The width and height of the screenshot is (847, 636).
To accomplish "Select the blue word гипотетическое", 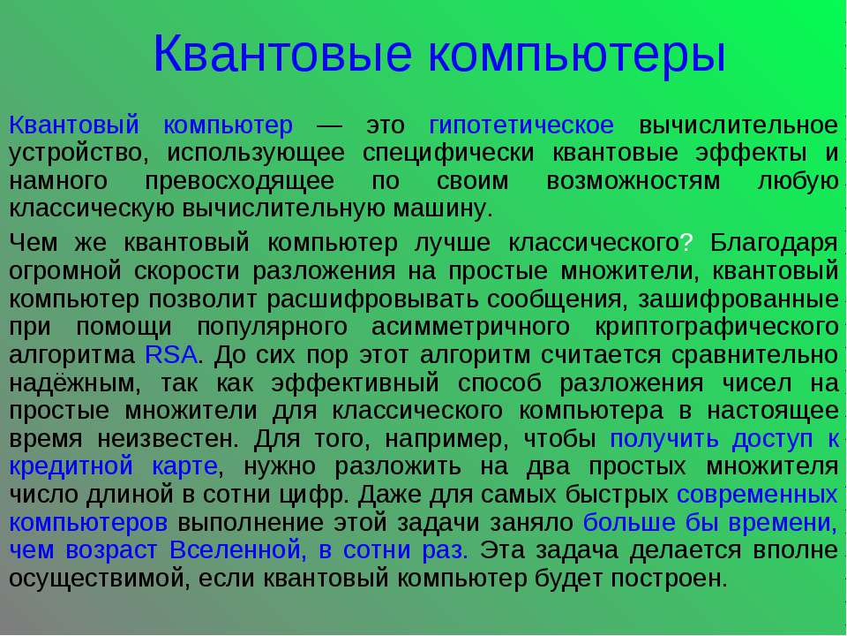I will (521, 124).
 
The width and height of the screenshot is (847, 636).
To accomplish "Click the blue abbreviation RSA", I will (169, 355).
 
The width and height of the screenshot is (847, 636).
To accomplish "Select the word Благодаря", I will (773, 242).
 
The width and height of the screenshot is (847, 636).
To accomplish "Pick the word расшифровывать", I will (386, 299).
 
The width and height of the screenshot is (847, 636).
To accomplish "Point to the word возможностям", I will (633, 181).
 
